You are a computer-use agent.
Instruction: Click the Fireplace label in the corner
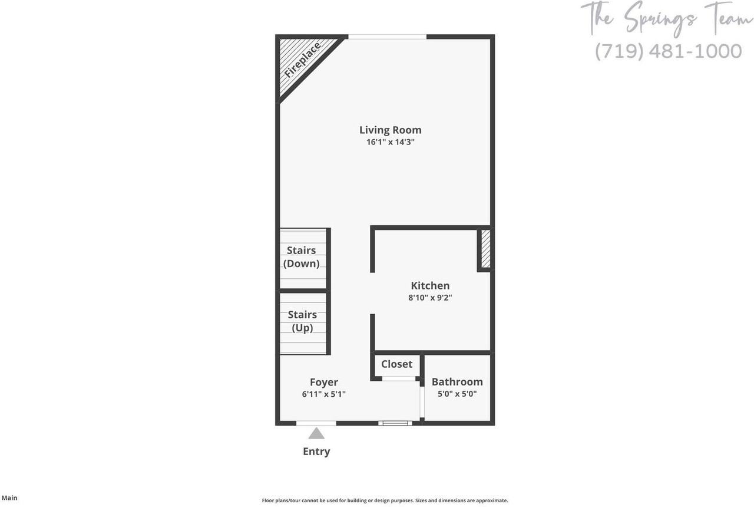point(302,60)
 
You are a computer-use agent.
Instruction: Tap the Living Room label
point(391,130)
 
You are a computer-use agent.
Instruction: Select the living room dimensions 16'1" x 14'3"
point(391,142)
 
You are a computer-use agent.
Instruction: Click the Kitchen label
point(430,285)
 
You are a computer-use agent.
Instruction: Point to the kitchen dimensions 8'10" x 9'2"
point(430,298)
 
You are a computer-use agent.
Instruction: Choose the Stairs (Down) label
point(302,257)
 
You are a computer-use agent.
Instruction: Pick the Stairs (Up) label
point(302,321)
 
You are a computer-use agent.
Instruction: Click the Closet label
point(396,364)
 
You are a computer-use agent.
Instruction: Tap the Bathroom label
point(457,381)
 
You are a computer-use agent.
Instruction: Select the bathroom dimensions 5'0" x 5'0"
point(457,394)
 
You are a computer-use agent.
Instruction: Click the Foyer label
point(324,382)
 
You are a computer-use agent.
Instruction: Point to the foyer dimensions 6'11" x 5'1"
point(324,394)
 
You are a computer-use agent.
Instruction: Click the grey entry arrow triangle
point(316,434)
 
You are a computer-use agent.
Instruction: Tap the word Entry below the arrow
point(316,452)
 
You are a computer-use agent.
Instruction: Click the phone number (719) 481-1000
point(668,51)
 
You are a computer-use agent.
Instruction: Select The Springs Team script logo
point(667,18)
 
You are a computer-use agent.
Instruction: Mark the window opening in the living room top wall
point(387,37)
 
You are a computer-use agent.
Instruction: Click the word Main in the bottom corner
point(9,498)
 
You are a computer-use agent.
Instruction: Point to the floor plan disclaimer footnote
point(385,501)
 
